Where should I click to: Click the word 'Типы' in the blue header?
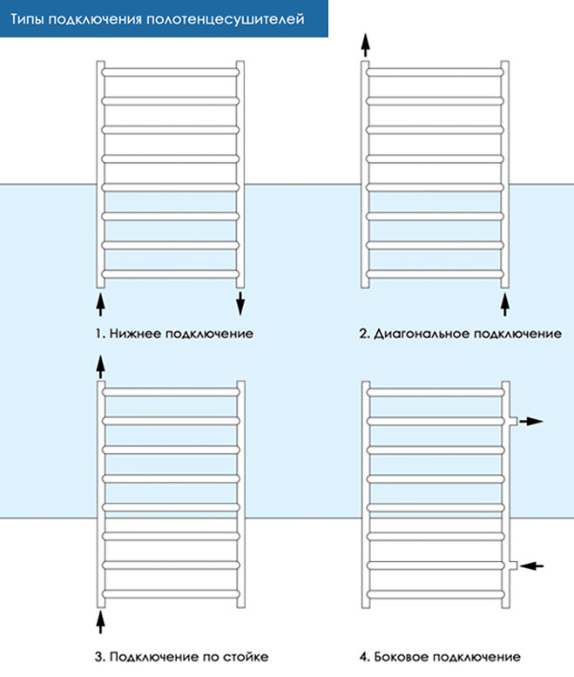(27, 20)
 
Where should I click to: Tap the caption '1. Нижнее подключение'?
(174, 334)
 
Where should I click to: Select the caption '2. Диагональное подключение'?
(461, 334)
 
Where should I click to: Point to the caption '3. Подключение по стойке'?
(182, 657)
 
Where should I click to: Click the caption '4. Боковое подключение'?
(440, 657)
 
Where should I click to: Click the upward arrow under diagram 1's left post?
(100, 305)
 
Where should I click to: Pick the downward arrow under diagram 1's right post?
(240, 303)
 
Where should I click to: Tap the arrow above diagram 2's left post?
(366, 45)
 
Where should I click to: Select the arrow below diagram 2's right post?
(505, 305)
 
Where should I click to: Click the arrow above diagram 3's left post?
(100, 367)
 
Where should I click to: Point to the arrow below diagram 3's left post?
(100, 622)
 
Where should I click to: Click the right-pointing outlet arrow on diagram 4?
(530, 422)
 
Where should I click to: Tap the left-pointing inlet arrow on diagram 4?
(531, 565)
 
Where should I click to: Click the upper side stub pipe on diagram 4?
(513, 422)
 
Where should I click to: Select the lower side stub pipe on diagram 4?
(513, 565)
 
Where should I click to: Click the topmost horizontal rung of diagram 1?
(171, 72)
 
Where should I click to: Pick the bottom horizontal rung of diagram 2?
(435, 274)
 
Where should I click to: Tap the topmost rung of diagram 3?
(171, 392)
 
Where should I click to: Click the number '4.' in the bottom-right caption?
(365, 657)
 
